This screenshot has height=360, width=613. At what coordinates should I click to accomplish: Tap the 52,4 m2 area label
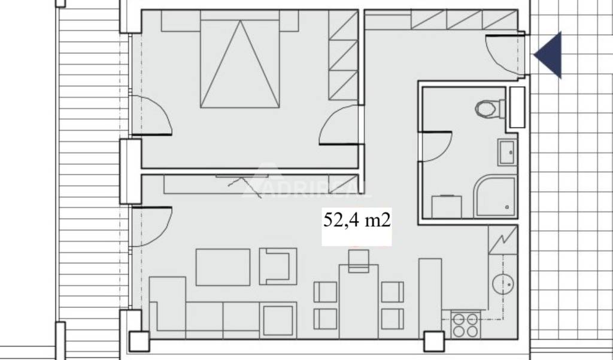357,220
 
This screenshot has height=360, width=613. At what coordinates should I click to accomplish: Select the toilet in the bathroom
490,108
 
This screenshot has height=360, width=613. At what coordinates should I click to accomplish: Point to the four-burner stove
465,325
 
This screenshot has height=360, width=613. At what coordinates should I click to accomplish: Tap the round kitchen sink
503,284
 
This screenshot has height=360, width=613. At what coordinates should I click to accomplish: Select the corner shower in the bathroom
495,197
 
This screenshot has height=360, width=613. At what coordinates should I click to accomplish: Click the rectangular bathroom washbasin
508,152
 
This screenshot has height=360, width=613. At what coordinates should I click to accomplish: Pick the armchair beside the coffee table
278,266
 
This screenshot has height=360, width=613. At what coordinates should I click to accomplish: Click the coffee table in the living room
223,267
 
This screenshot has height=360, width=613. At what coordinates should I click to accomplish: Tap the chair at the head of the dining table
359,261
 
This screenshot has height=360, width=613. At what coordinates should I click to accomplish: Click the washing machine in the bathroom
447,207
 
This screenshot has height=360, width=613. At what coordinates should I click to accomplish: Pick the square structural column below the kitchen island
435,341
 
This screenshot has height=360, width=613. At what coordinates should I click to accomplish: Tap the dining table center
359,301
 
